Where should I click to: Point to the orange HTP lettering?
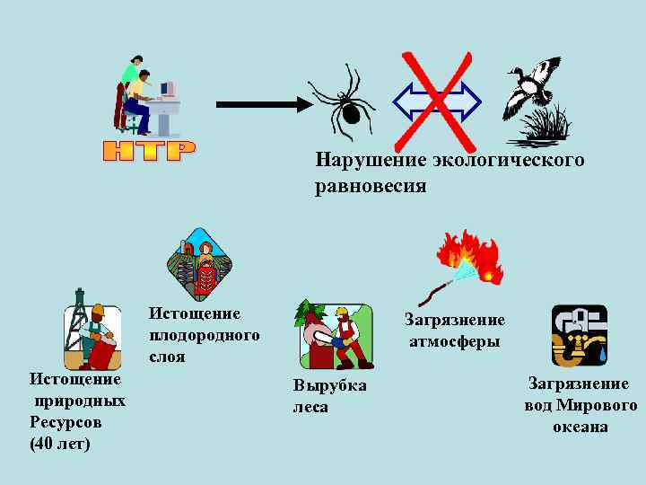pos(148,151)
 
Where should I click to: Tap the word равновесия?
pos(371,186)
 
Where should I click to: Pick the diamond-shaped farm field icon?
pos(200,264)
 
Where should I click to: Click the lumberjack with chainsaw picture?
pos(335,336)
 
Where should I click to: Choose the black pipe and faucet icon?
pos(579,335)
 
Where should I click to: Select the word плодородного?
pos(205,335)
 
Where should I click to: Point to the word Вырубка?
pos(329,385)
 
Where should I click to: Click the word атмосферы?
pos(455,341)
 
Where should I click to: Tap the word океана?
pos(580,427)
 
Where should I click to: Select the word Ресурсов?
pos(65,421)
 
